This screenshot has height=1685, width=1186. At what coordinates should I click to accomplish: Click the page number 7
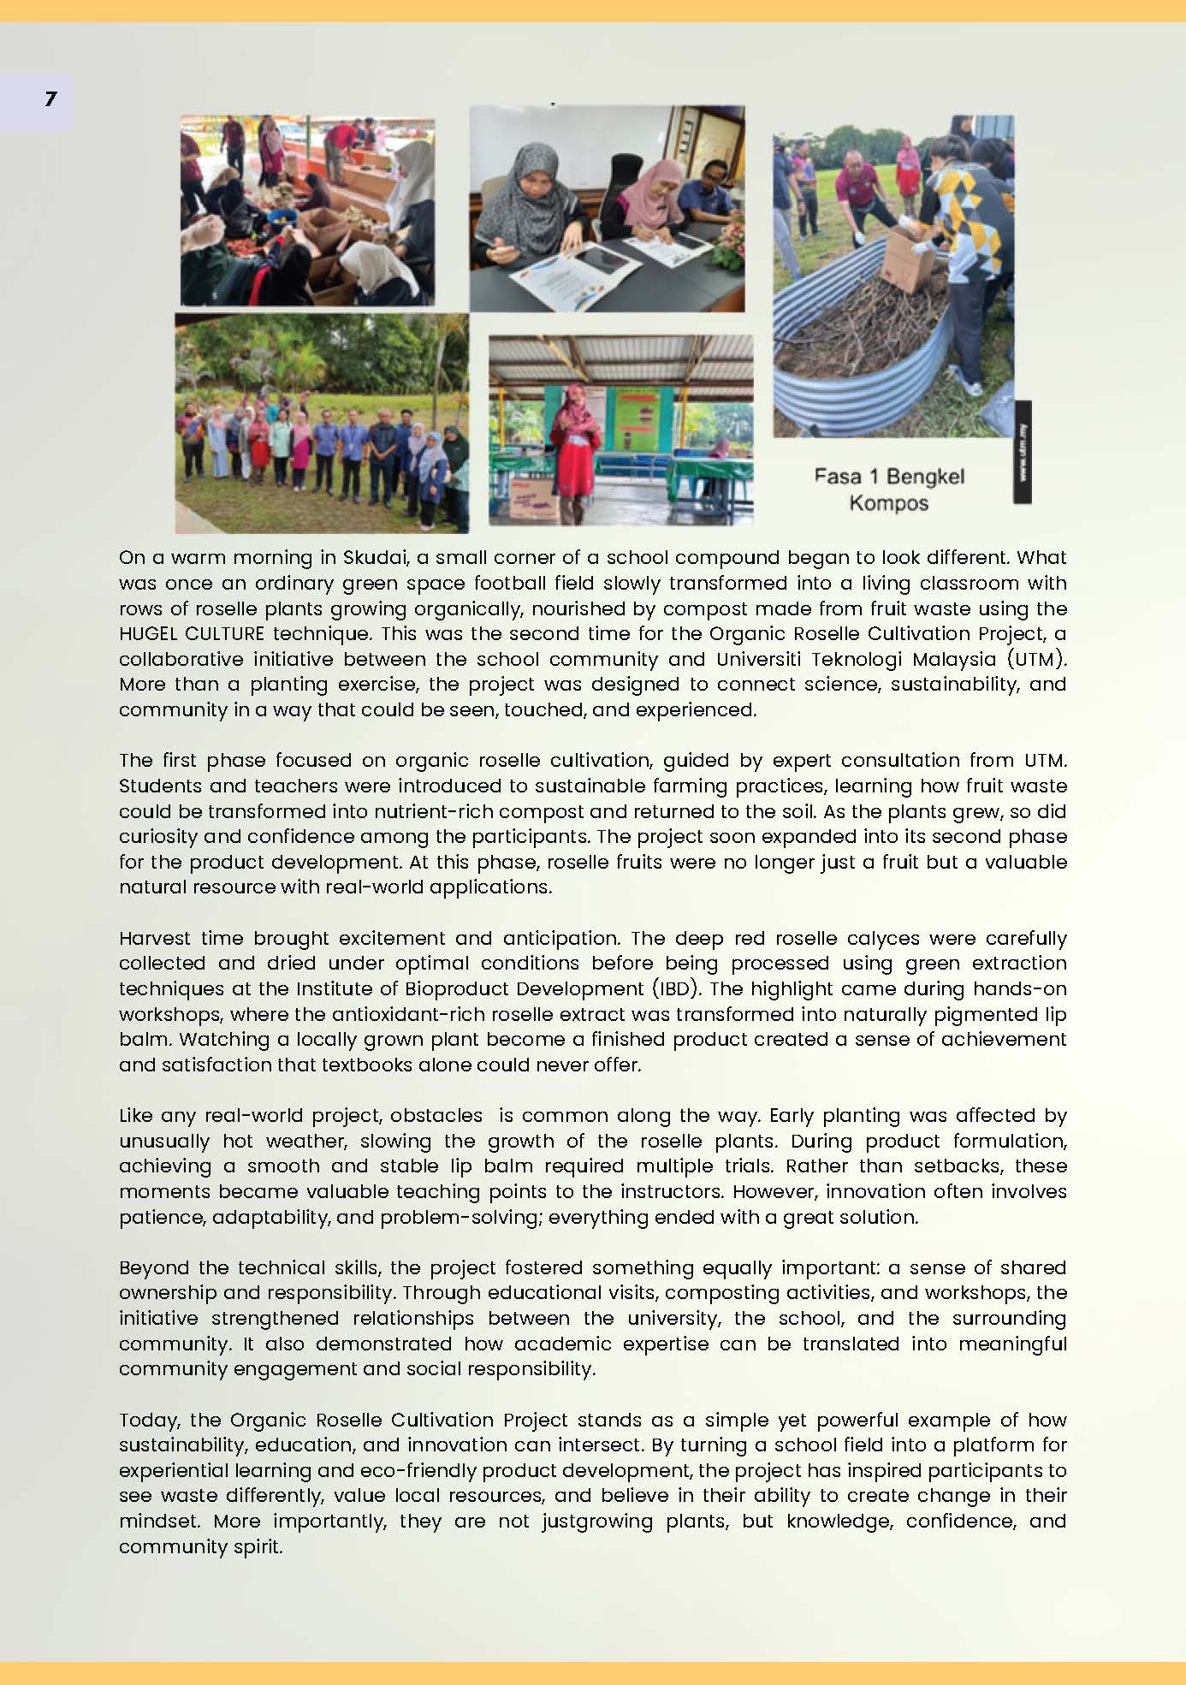tap(50, 99)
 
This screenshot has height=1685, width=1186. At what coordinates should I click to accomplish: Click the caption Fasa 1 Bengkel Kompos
tap(888, 489)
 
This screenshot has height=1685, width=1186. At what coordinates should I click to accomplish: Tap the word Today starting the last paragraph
tap(149, 1421)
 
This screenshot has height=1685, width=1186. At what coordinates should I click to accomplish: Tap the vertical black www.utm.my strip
tap(1023, 451)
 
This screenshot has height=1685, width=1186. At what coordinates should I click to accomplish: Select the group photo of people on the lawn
tap(322, 424)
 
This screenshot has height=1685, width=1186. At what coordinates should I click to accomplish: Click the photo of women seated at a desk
tap(607, 209)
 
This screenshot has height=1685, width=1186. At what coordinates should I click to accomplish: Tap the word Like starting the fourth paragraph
tap(135, 1116)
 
